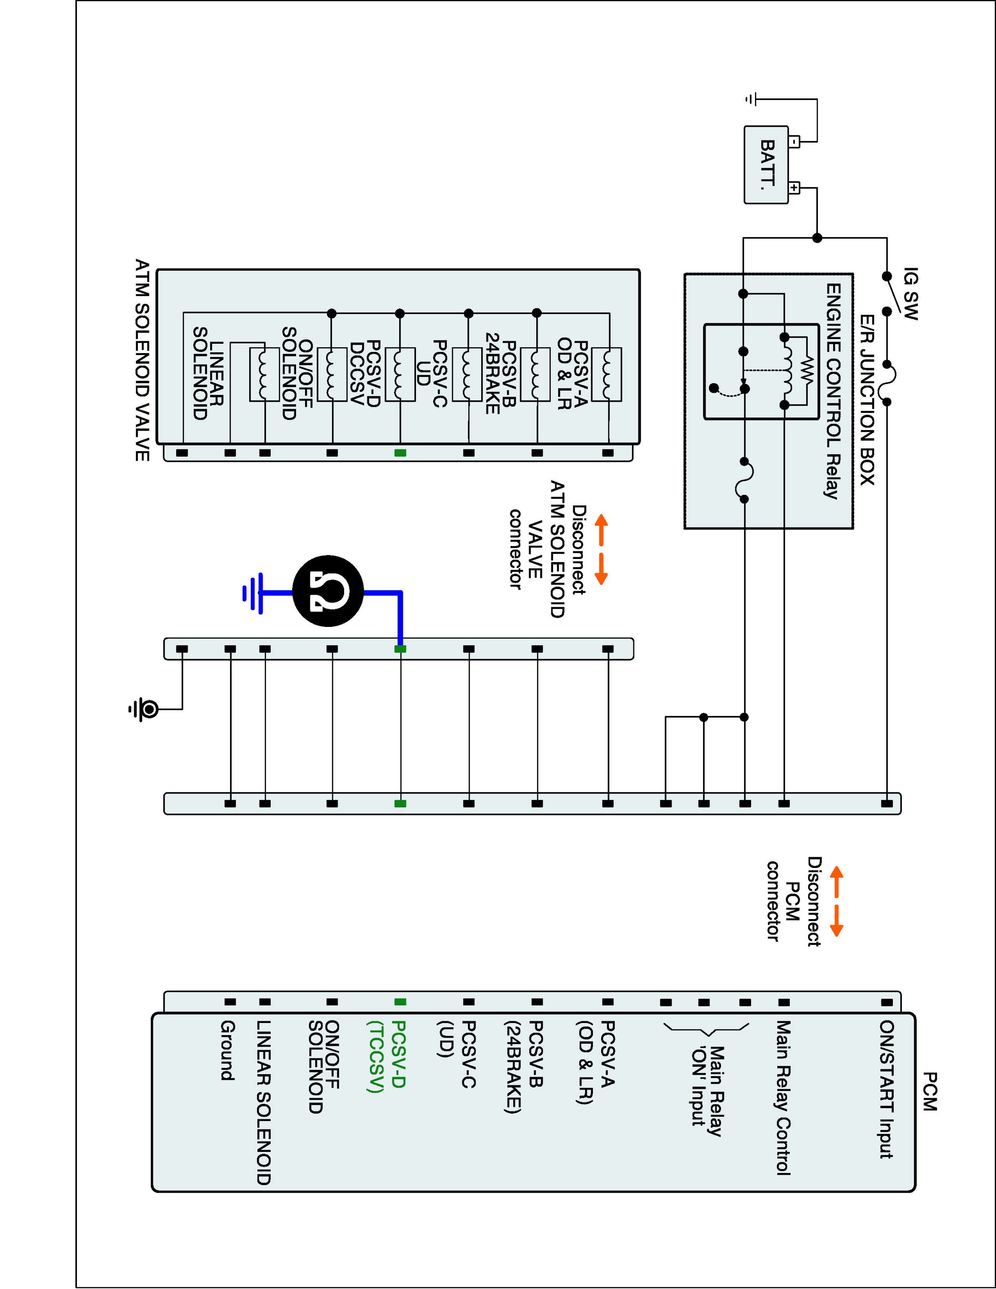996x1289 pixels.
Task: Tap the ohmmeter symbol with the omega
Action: [328, 591]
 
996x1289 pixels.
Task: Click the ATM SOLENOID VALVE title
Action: [142, 360]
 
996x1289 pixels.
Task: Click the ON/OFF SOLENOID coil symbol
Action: [264, 375]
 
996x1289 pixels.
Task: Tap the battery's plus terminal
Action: [794, 188]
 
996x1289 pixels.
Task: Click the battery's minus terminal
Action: [794, 142]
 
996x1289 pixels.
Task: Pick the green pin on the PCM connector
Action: [400, 1002]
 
